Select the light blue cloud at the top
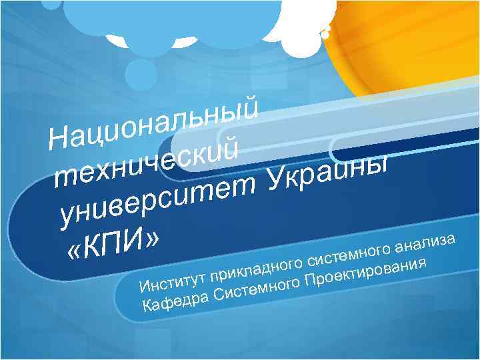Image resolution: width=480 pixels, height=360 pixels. (x=220, y=20)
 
